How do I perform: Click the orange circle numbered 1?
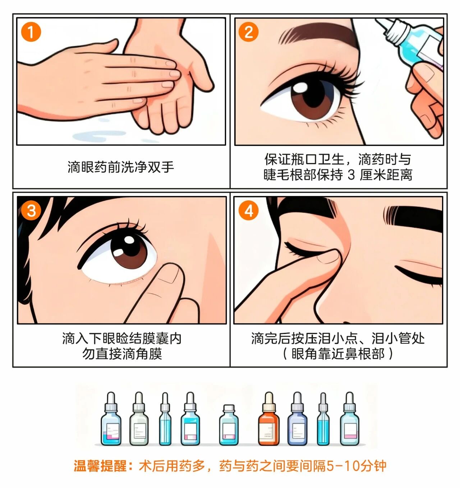click(31, 32)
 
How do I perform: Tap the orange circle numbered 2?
click(248, 32)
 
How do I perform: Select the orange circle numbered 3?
click(31, 210)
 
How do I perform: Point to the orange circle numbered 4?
click(248, 210)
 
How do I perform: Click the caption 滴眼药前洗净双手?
click(121, 167)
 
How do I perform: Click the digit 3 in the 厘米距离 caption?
click(351, 175)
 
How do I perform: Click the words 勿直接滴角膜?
click(122, 354)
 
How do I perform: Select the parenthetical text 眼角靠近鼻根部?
click(338, 354)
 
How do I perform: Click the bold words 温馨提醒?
click(100, 466)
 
